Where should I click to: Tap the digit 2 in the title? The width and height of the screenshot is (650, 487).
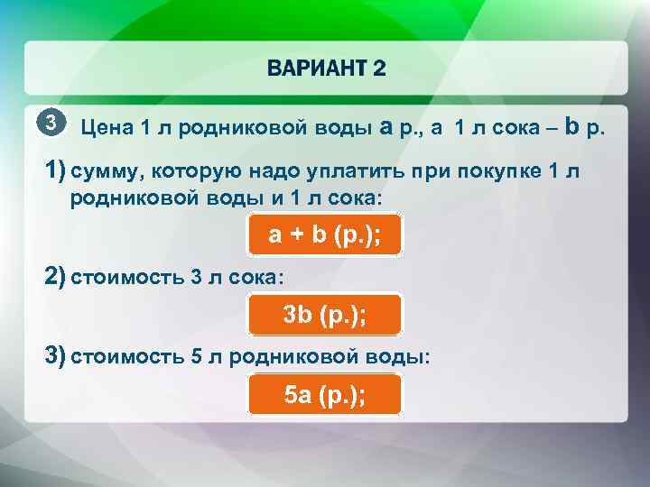379,69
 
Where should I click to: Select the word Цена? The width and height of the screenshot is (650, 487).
107,129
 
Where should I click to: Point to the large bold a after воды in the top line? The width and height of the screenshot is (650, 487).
385,127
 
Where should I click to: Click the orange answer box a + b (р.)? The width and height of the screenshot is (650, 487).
324,236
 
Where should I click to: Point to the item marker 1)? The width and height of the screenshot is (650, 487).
56,171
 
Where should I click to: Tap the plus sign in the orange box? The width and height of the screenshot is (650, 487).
299,236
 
